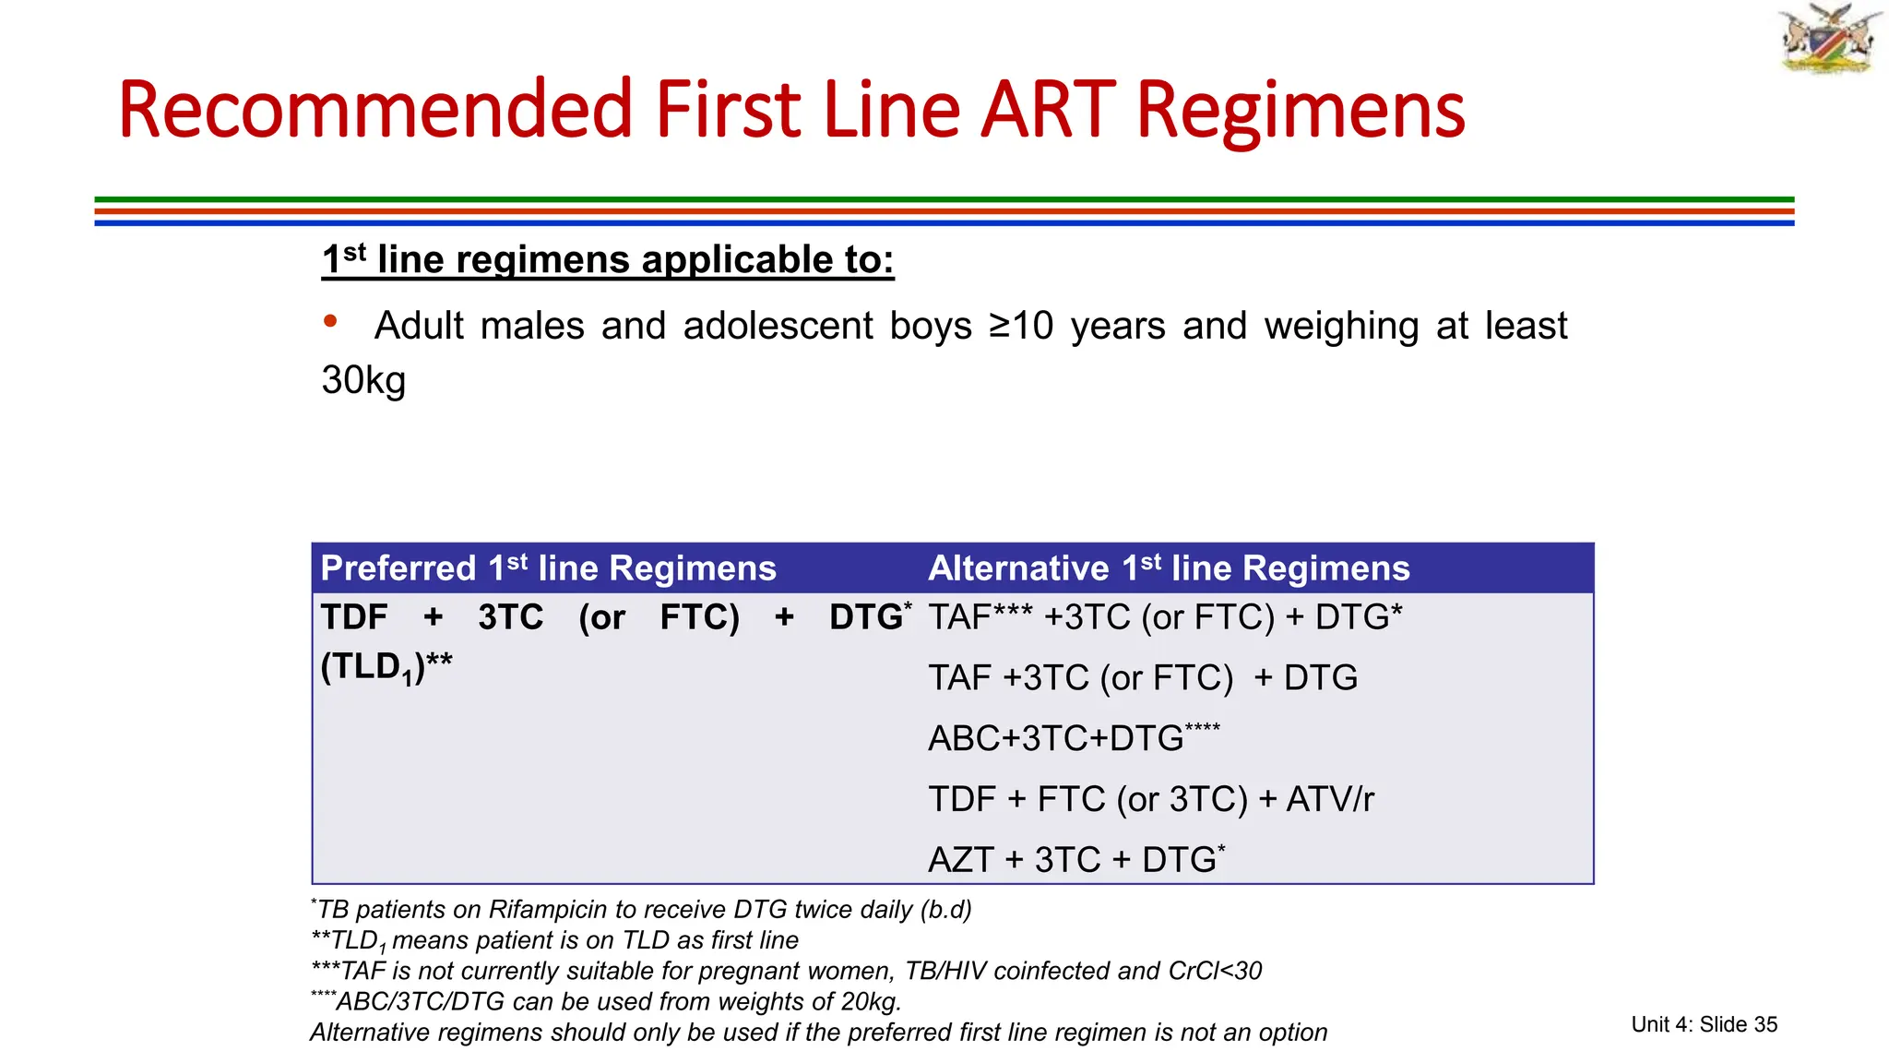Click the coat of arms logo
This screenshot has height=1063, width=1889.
pos(1830,39)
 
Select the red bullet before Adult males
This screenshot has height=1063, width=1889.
pos(330,321)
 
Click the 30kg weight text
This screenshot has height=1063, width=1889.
pos(363,380)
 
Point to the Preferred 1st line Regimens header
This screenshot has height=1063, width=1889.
pos(548,568)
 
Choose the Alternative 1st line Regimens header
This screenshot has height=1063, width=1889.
pos(1169,568)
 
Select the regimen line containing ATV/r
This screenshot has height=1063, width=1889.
pos(1150,799)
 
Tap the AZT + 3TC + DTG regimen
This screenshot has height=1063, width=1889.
pos(1075,860)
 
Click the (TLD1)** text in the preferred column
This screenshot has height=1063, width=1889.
pos(386,666)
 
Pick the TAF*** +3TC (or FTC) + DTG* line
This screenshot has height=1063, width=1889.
pos(1164,617)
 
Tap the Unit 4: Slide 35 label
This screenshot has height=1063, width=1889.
pos(1704,1024)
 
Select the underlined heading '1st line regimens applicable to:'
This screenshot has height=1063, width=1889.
pos(608,260)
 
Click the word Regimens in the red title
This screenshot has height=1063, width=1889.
pos(1301,110)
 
